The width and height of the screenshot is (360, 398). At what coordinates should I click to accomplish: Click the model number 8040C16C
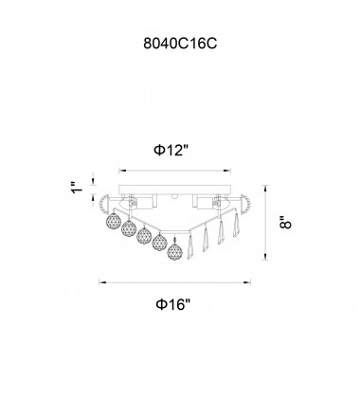click(180, 44)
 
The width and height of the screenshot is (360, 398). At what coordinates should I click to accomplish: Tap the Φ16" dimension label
click(173, 304)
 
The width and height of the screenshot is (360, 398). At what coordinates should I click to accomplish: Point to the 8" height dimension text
click(285, 223)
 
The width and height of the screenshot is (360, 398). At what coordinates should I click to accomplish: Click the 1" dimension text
click(77, 188)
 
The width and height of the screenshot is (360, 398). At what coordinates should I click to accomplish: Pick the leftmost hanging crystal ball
click(113, 221)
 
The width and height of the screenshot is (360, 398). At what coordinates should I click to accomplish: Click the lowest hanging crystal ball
click(174, 251)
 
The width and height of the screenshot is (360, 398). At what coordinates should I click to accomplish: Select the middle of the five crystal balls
click(144, 236)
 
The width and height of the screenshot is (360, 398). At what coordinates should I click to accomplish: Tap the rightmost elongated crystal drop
click(236, 225)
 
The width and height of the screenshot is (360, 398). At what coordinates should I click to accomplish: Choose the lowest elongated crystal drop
click(190, 246)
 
